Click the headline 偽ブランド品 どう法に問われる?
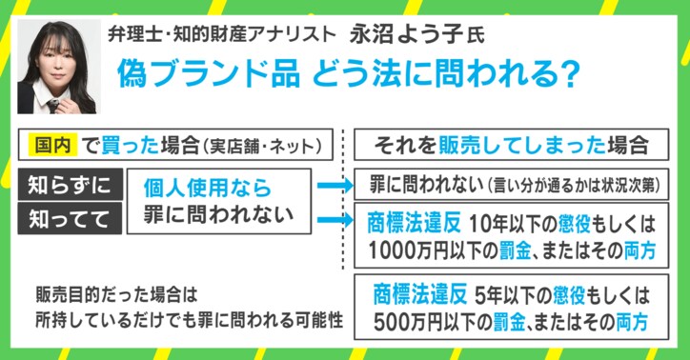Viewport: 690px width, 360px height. click(x=338, y=74)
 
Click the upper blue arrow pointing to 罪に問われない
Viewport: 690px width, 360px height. click(x=334, y=186)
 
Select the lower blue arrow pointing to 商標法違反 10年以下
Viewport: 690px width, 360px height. click(x=334, y=222)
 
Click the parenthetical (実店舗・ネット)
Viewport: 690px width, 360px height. click(x=269, y=146)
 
